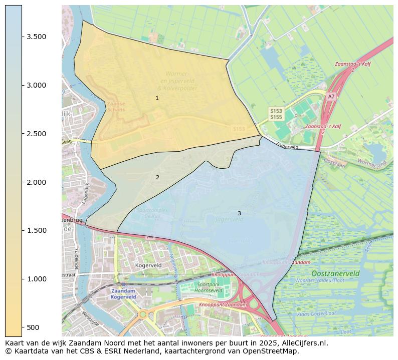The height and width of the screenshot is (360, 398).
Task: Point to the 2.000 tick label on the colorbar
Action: pyautogui.click(x=37, y=182)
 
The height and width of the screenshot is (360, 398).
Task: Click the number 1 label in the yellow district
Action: pyautogui.click(x=157, y=98)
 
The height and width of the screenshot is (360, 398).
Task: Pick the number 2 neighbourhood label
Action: pyautogui.click(x=157, y=177)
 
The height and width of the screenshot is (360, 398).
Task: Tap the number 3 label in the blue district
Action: pyautogui.click(x=239, y=213)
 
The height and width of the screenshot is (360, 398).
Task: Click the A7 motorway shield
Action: pyautogui.click(x=331, y=97)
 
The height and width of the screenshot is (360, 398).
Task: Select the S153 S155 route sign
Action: pyautogui.click(x=276, y=114)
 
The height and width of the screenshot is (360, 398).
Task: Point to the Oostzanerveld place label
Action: pyautogui.click(x=335, y=273)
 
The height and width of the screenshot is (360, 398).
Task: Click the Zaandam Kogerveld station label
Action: pyautogui.click(x=123, y=293)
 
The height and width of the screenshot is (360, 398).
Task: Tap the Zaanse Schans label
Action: pyautogui.click(x=116, y=107)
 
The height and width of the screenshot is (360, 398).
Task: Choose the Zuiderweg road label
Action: pyautogui.click(x=287, y=147)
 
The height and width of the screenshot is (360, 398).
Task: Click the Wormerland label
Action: pyautogui.click(x=372, y=163)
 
